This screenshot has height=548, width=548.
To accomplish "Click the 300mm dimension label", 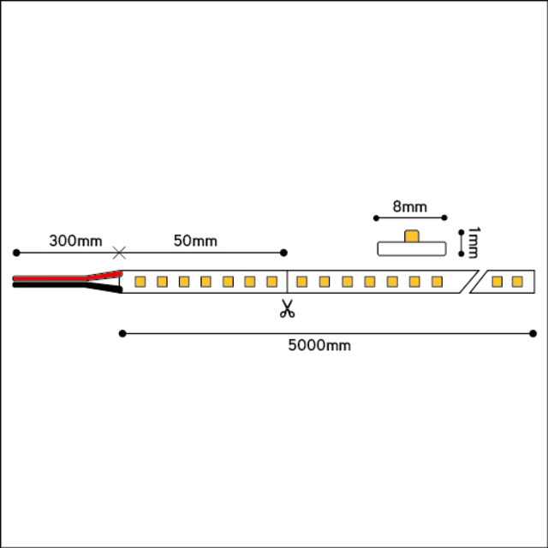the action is point(75,241).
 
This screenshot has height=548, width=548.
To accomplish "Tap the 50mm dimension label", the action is point(195,241).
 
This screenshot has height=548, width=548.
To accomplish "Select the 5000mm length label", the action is point(319,345).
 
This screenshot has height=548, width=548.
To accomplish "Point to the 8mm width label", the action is point(410,206).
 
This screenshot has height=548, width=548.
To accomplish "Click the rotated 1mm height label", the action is point(474,242).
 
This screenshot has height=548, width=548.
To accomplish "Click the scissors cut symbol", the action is point(288,308).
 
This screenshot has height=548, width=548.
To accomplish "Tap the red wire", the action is point(68,277).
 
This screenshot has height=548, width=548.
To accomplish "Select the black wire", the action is point(68,287).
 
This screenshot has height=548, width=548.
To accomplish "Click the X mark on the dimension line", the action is point(119,253).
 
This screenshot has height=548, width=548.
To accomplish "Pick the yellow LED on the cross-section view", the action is point(412,236).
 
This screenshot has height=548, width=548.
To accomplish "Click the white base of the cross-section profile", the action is point(412,249).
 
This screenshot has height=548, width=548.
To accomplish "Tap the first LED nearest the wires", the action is point(140,282).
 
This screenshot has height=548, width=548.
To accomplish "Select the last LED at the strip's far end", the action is point(517,282).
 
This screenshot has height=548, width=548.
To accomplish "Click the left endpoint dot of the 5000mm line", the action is point(122,334).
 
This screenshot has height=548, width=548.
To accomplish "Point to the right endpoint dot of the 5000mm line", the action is point(533,334).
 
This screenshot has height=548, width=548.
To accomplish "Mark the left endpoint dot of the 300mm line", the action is point(16,253).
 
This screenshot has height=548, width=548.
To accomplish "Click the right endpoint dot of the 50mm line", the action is point(283,253).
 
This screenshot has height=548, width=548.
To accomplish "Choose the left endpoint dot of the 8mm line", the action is point(376,218).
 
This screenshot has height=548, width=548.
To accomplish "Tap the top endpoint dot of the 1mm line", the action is point(462,232).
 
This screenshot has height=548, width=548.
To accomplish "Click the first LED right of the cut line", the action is point(302,282).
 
